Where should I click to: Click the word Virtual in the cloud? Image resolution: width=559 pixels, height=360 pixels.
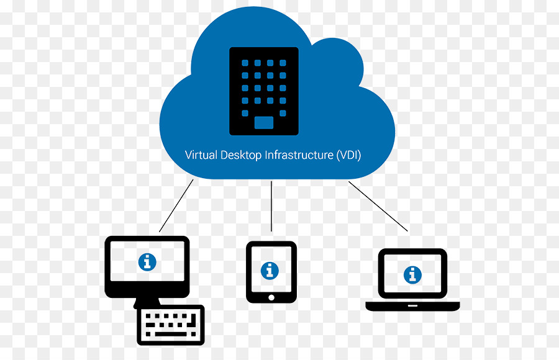pos(201,155)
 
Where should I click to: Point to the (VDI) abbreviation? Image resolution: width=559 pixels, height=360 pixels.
pos(348,155)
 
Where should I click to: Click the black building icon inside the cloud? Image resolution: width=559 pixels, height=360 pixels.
pos(264,91)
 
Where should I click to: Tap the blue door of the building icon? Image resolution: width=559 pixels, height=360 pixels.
pos(264,123)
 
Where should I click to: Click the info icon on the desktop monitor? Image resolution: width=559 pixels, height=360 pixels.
pos(147,262)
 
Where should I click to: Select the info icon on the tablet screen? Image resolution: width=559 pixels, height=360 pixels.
pos(270,271)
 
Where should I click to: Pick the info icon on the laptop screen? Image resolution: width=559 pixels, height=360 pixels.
pos(412,275)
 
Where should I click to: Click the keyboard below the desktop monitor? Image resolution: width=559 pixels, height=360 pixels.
pos(171,325)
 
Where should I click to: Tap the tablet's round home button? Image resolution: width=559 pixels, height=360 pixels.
pos(271,298)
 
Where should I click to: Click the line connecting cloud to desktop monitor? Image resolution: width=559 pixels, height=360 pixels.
pos(176,205)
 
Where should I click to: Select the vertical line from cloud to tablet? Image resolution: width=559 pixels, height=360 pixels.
pos(271,206)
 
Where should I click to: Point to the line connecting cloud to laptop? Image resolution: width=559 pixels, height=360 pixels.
pos(378,206)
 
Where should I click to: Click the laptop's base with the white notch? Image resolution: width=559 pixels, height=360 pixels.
pos(412,306)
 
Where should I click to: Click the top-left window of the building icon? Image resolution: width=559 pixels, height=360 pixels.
pos(245,63)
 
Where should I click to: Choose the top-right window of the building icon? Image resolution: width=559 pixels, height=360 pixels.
pos(283,63)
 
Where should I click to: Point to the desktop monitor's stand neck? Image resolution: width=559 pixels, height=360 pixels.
pos(146,302)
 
